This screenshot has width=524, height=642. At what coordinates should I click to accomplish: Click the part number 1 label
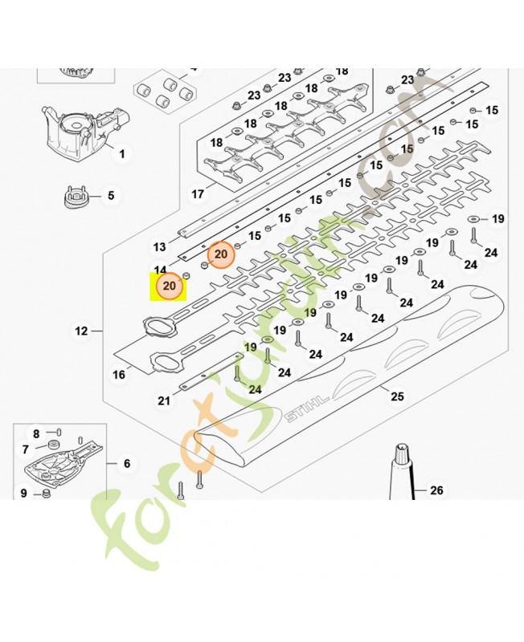[x=122, y=152]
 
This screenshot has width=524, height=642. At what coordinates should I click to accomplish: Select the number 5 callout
[x=111, y=195]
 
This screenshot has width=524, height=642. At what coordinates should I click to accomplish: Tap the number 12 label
[x=80, y=331]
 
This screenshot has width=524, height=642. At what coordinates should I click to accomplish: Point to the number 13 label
[x=159, y=246]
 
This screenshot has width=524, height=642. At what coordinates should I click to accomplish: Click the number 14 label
[x=160, y=270]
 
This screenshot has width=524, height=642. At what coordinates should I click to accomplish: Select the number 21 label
[x=164, y=400]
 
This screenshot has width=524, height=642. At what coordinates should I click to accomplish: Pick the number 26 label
[x=436, y=490]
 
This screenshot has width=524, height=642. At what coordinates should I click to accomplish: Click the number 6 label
[x=126, y=463]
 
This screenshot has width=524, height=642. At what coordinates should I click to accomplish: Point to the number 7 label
[x=26, y=449]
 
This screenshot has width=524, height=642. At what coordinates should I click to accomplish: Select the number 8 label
[x=36, y=433]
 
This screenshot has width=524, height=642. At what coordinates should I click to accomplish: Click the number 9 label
[x=23, y=493]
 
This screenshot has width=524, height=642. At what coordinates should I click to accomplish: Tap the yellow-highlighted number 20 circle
[x=170, y=286]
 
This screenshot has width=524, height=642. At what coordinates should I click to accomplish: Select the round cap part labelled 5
[x=76, y=196]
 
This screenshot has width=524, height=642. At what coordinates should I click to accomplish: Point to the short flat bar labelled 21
[x=211, y=369]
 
